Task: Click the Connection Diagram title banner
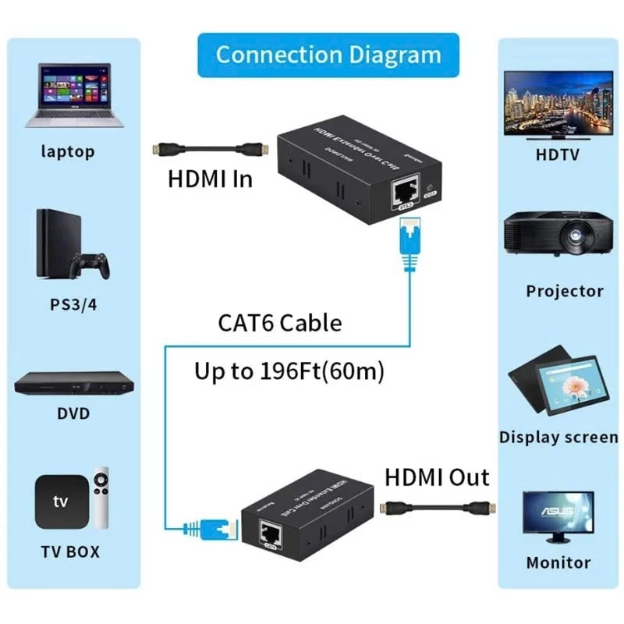(x=328, y=55)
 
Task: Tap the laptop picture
(x=74, y=97)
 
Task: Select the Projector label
(x=564, y=291)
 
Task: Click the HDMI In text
(x=211, y=179)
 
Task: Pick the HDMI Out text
(x=437, y=477)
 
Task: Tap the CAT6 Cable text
(x=278, y=322)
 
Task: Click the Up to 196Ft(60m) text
(x=289, y=372)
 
